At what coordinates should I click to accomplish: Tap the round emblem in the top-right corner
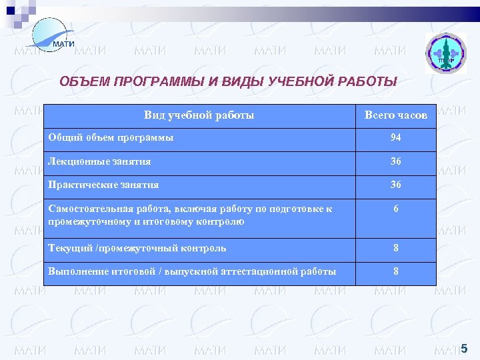[446, 53]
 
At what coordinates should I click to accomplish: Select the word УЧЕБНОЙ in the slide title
[303, 82]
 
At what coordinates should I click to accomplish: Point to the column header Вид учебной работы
[199, 115]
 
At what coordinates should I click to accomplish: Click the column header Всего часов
[396, 115]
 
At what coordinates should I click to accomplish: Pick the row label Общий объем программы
[111, 138]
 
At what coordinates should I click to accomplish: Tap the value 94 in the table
[396, 139]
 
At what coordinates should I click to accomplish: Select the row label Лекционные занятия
[100, 161]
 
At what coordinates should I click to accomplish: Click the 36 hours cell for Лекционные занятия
[396, 161]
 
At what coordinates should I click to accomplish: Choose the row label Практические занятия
[104, 185]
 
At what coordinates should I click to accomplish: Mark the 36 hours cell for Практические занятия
[396, 185]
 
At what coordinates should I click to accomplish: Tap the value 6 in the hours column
[396, 209]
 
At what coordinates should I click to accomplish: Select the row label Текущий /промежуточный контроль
[137, 248]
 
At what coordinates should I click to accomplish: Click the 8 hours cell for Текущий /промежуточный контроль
[396, 248]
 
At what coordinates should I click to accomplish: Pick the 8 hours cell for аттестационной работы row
[396, 271]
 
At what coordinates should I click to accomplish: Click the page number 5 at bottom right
[464, 347]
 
